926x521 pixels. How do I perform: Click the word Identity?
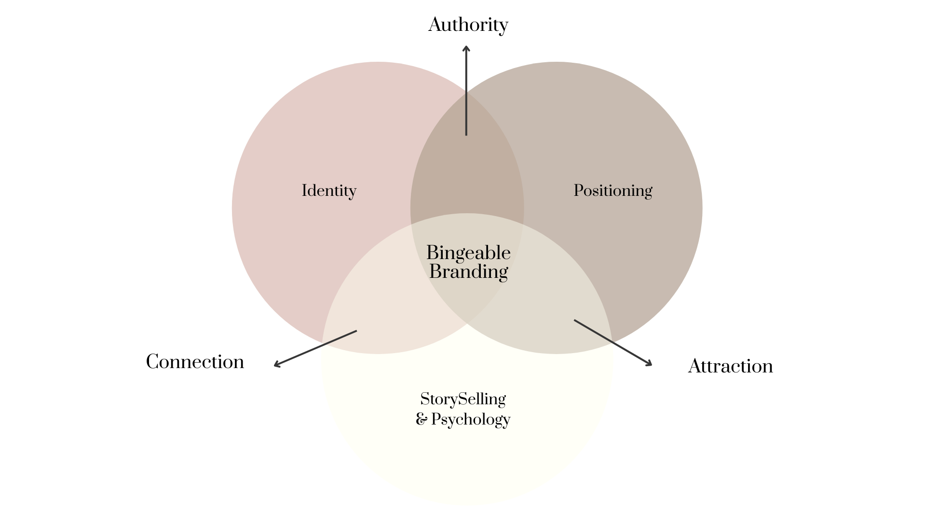pos(329,191)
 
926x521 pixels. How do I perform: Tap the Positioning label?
pos(613,191)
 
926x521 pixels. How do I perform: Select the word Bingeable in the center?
pos(468,253)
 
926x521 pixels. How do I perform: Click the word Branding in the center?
pos(468,272)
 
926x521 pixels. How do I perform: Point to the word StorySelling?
pos(463,399)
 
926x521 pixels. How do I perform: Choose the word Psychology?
pos(470,419)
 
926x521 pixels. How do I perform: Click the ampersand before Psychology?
pos(421,419)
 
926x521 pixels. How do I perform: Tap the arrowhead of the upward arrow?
pos(466,48)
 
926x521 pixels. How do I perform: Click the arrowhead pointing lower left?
pos(276,365)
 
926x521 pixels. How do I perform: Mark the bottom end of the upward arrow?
pos(466,135)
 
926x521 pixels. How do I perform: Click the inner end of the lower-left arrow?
pos(356,331)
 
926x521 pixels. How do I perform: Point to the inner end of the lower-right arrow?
pos(575,320)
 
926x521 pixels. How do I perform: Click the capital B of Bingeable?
pos(432,253)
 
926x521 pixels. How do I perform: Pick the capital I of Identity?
pos(304,191)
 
